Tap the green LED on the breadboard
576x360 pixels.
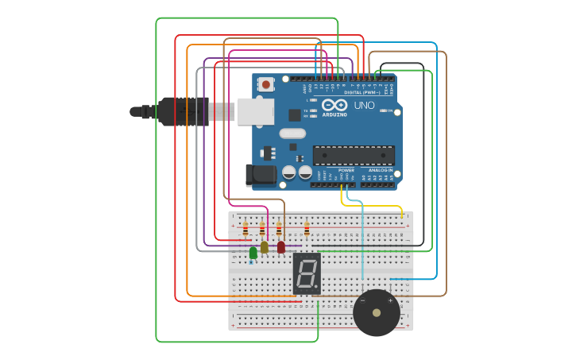(253, 253)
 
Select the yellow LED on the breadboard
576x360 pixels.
(265, 247)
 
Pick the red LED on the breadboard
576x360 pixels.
(281, 247)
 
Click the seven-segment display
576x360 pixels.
(307, 273)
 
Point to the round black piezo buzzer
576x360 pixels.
(377, 312)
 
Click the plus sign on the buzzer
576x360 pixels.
(390, 301)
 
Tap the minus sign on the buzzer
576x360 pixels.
(363, 301)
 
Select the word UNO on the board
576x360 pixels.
(364, 106)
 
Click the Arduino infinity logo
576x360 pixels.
(335, 105)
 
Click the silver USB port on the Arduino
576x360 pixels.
(255, 111)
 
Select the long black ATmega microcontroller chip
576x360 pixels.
(354, 155)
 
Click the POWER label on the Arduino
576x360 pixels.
(346, 170)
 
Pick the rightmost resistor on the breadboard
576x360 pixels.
(307, 229)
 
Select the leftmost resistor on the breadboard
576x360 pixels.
(245, 229)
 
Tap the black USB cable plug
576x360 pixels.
(183, 111)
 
